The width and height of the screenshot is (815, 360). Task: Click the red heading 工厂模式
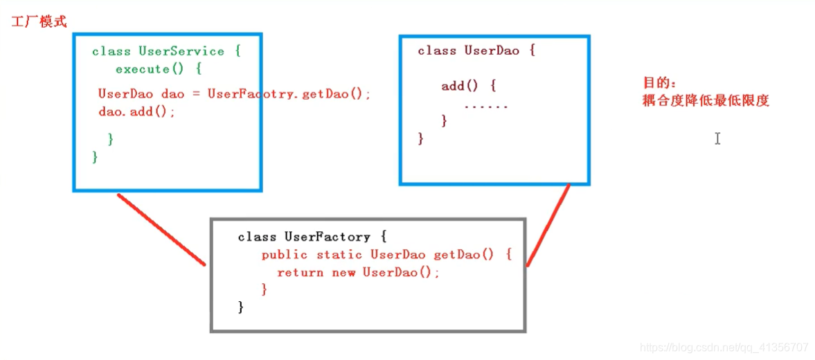coord(39,21)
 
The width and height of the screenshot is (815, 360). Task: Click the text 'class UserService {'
coord(165,51)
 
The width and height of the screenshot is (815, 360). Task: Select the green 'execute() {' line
coord(158,69)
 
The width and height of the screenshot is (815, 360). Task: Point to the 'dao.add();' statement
coord(137,111)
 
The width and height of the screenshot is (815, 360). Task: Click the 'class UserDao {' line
coord(476,51)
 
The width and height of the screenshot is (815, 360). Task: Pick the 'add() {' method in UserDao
coord(469,87)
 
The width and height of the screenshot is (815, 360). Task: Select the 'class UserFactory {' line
coord(312,237)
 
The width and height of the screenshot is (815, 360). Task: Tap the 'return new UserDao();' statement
coord(358,273)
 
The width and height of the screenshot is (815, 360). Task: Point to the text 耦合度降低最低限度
coord(706,101)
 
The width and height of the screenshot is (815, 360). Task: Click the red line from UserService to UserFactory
coord(162,230)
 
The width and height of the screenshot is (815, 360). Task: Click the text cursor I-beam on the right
coord(717,138)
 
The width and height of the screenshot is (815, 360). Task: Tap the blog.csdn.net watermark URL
coord(724,347)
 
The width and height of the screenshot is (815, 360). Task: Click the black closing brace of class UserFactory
coord(241,306)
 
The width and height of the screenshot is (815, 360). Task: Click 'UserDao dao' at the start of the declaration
coord(136,94)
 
